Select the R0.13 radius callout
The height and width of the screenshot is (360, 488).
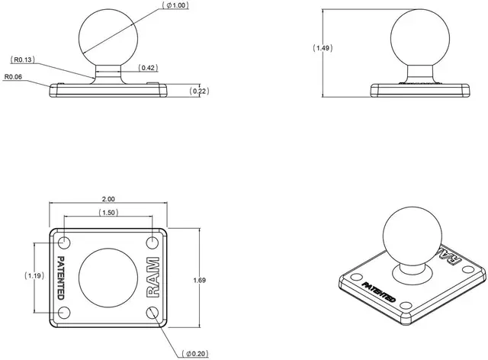(x=23, y=59)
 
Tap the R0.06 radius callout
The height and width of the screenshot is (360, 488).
(x=14, y=76)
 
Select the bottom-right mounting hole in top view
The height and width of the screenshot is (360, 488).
(x=152, y=312)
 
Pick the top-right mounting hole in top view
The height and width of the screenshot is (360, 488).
(x=152, y=243)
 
